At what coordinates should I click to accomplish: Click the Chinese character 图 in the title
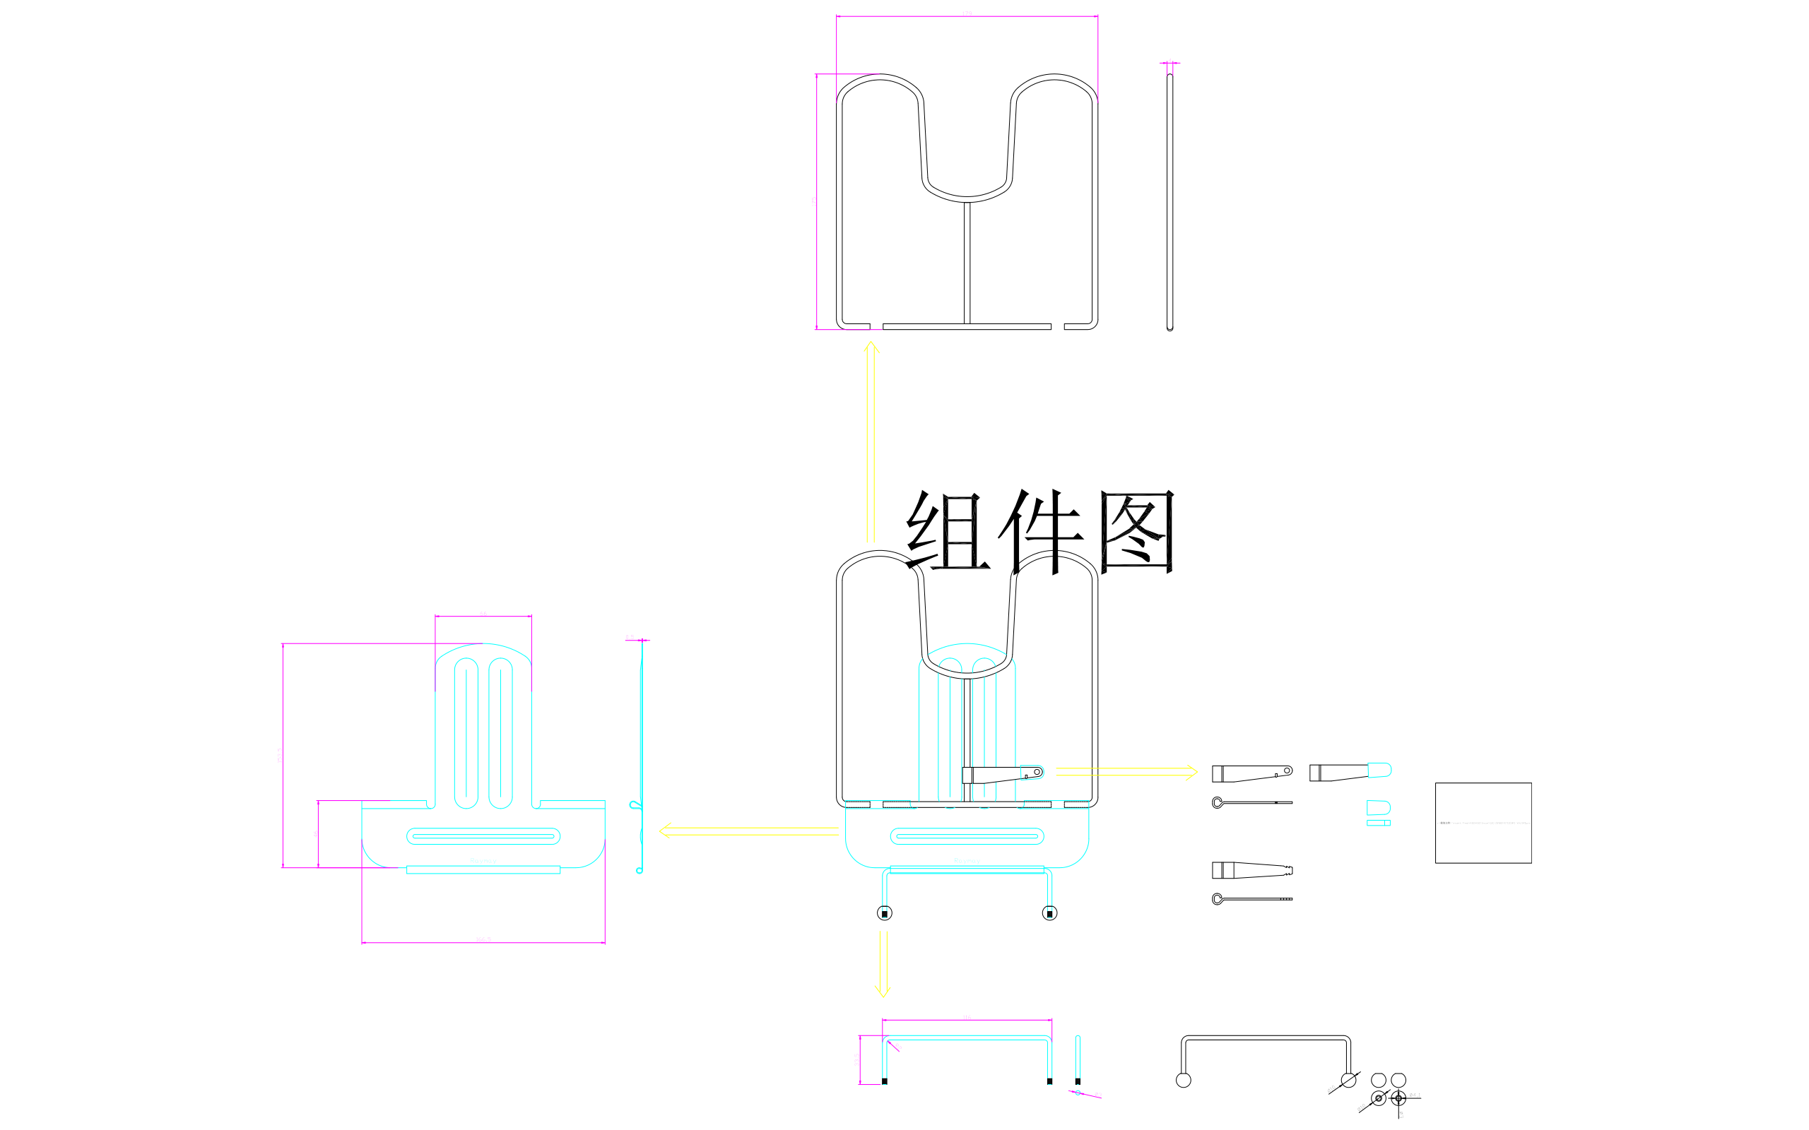click(1136, 531)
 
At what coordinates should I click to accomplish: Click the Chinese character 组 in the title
click(946, 531)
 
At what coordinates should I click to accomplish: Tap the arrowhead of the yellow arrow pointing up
click(871, 345)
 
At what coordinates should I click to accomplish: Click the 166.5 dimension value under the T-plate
click(483, 939)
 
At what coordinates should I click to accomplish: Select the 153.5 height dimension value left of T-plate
click(280, 755)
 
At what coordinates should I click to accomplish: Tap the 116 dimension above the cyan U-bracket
click(966, 1017)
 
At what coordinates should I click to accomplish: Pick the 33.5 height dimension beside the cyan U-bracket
click(856, 1060)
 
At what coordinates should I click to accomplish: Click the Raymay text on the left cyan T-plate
click(483, 862)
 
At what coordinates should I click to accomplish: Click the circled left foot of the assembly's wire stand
click(884, 913)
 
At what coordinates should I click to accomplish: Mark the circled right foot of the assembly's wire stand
click(1049, 913)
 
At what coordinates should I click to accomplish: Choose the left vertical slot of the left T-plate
click(466, 733)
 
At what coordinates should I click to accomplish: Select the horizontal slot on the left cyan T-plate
click(483, 836)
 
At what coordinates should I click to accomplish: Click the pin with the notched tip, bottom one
click(1252, 899)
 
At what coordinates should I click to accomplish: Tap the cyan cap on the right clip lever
click(1379, 770)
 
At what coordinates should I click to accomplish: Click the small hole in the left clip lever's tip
click(1287, 771)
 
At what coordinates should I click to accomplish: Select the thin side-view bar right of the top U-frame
click(1170, 202)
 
